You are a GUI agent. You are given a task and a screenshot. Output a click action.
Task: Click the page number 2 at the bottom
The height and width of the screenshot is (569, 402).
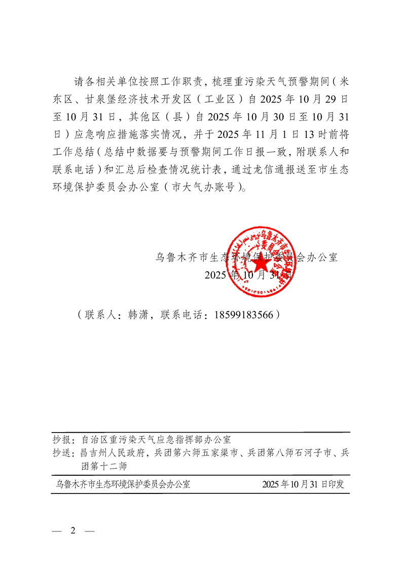point(72,530)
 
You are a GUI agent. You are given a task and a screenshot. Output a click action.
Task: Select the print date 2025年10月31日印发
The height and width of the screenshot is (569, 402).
point(303,484)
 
